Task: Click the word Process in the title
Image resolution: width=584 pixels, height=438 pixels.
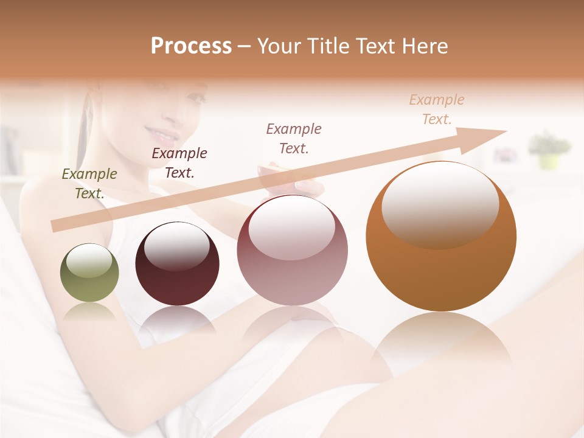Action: coord(191,46)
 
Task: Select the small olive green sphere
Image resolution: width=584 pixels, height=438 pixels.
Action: coord(89,273)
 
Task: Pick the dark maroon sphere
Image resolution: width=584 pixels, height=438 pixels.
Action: coord(177,264)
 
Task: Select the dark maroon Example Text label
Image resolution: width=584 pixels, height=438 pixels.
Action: coord(179,162)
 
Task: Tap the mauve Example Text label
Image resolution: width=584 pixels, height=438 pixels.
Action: coord(294,138)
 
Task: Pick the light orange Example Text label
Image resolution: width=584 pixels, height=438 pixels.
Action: coord(437,109)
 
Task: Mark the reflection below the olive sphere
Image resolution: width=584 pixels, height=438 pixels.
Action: coord(89,313)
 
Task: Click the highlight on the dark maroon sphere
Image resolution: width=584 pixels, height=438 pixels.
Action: coord(177,245)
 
